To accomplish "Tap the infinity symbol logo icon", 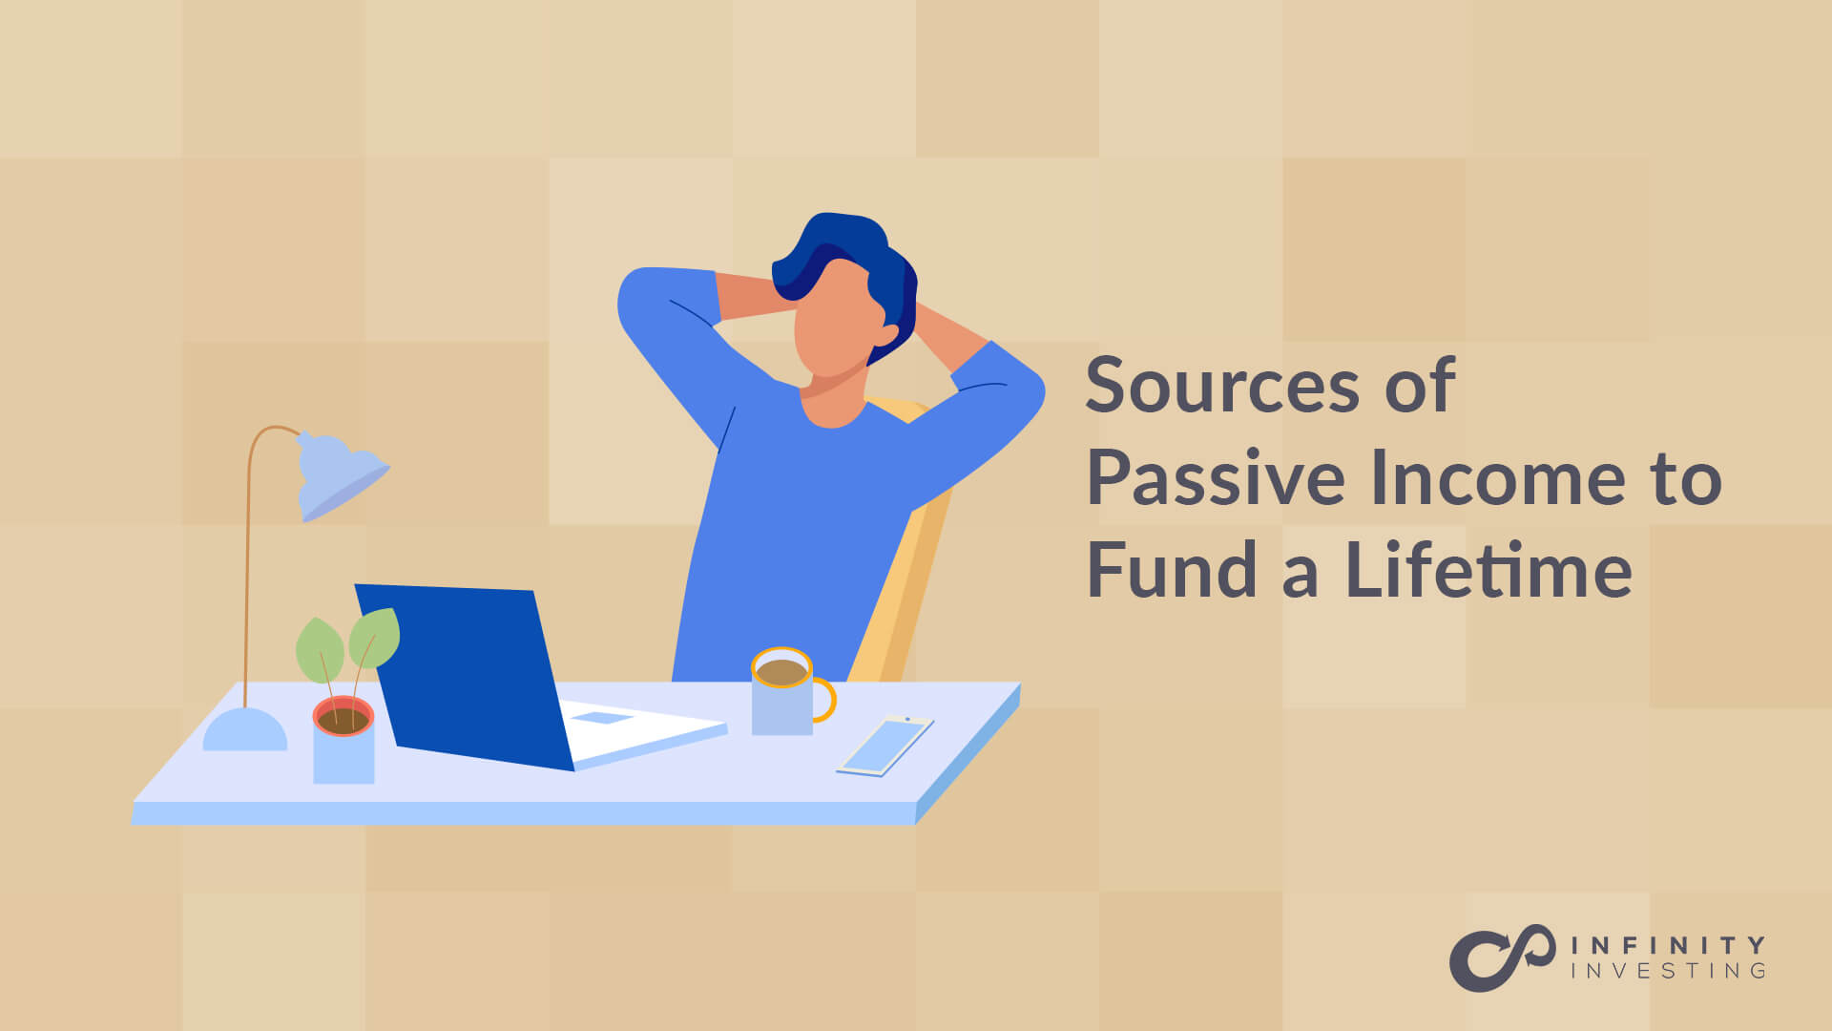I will [x=1502, y=957].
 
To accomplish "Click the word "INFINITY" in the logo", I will [x=1668, y=945].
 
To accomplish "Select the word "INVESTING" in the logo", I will [x=1668, y=971].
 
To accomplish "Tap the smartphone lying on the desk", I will [x=885, y=746].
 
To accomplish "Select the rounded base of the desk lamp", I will [x=245, y=732].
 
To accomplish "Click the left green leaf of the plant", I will [x=319, y=650].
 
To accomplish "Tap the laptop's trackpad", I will [x=602, y=718].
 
